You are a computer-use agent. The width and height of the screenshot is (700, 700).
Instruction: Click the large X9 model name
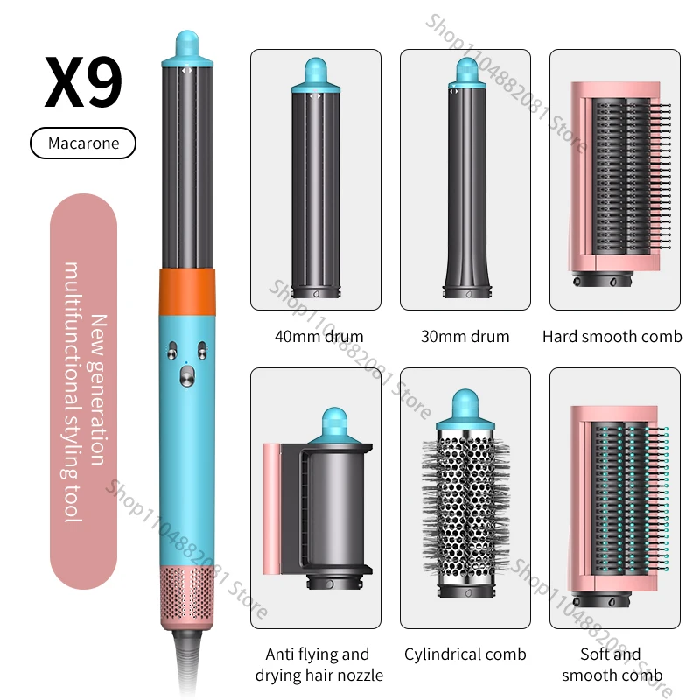coord(83,82)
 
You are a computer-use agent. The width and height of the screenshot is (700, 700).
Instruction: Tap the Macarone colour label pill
coord(83,143)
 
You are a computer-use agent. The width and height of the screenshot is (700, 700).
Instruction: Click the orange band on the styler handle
coord(187,292)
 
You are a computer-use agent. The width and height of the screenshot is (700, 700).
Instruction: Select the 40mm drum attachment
coord(316,178)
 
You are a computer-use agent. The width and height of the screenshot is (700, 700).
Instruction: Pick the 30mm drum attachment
coord(467,178)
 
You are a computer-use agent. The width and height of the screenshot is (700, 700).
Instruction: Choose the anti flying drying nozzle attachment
coord(318,499)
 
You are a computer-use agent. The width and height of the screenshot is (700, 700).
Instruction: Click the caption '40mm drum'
coord(318,337)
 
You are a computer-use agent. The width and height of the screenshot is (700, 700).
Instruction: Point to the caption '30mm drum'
coord(465,337)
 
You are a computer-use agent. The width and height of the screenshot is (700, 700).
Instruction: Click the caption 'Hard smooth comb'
coord(612,337)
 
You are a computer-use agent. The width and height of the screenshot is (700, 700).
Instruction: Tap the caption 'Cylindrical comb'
coord(465,654)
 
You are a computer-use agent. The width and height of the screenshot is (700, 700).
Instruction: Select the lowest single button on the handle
coord(187,376)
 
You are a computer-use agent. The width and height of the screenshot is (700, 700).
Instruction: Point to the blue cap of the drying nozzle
coord(334,425)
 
